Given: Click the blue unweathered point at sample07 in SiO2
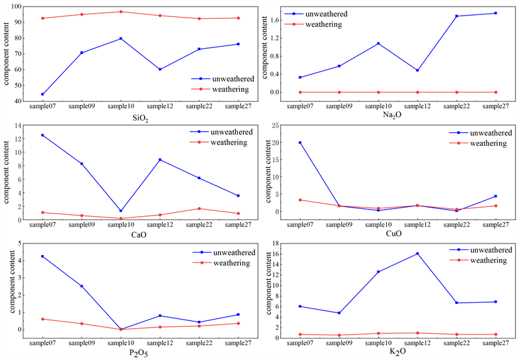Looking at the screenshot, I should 42,94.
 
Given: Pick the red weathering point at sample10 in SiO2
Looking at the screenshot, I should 121,12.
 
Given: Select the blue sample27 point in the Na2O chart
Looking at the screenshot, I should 496,13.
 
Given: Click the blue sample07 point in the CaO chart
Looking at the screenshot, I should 42,135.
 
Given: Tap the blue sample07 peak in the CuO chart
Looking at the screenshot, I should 300,143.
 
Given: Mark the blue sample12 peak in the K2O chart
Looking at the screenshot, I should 417,253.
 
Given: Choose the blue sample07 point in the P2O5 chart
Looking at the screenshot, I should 42,256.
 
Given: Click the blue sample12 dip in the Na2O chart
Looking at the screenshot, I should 417,70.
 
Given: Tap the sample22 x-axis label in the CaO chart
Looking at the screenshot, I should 199,225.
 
